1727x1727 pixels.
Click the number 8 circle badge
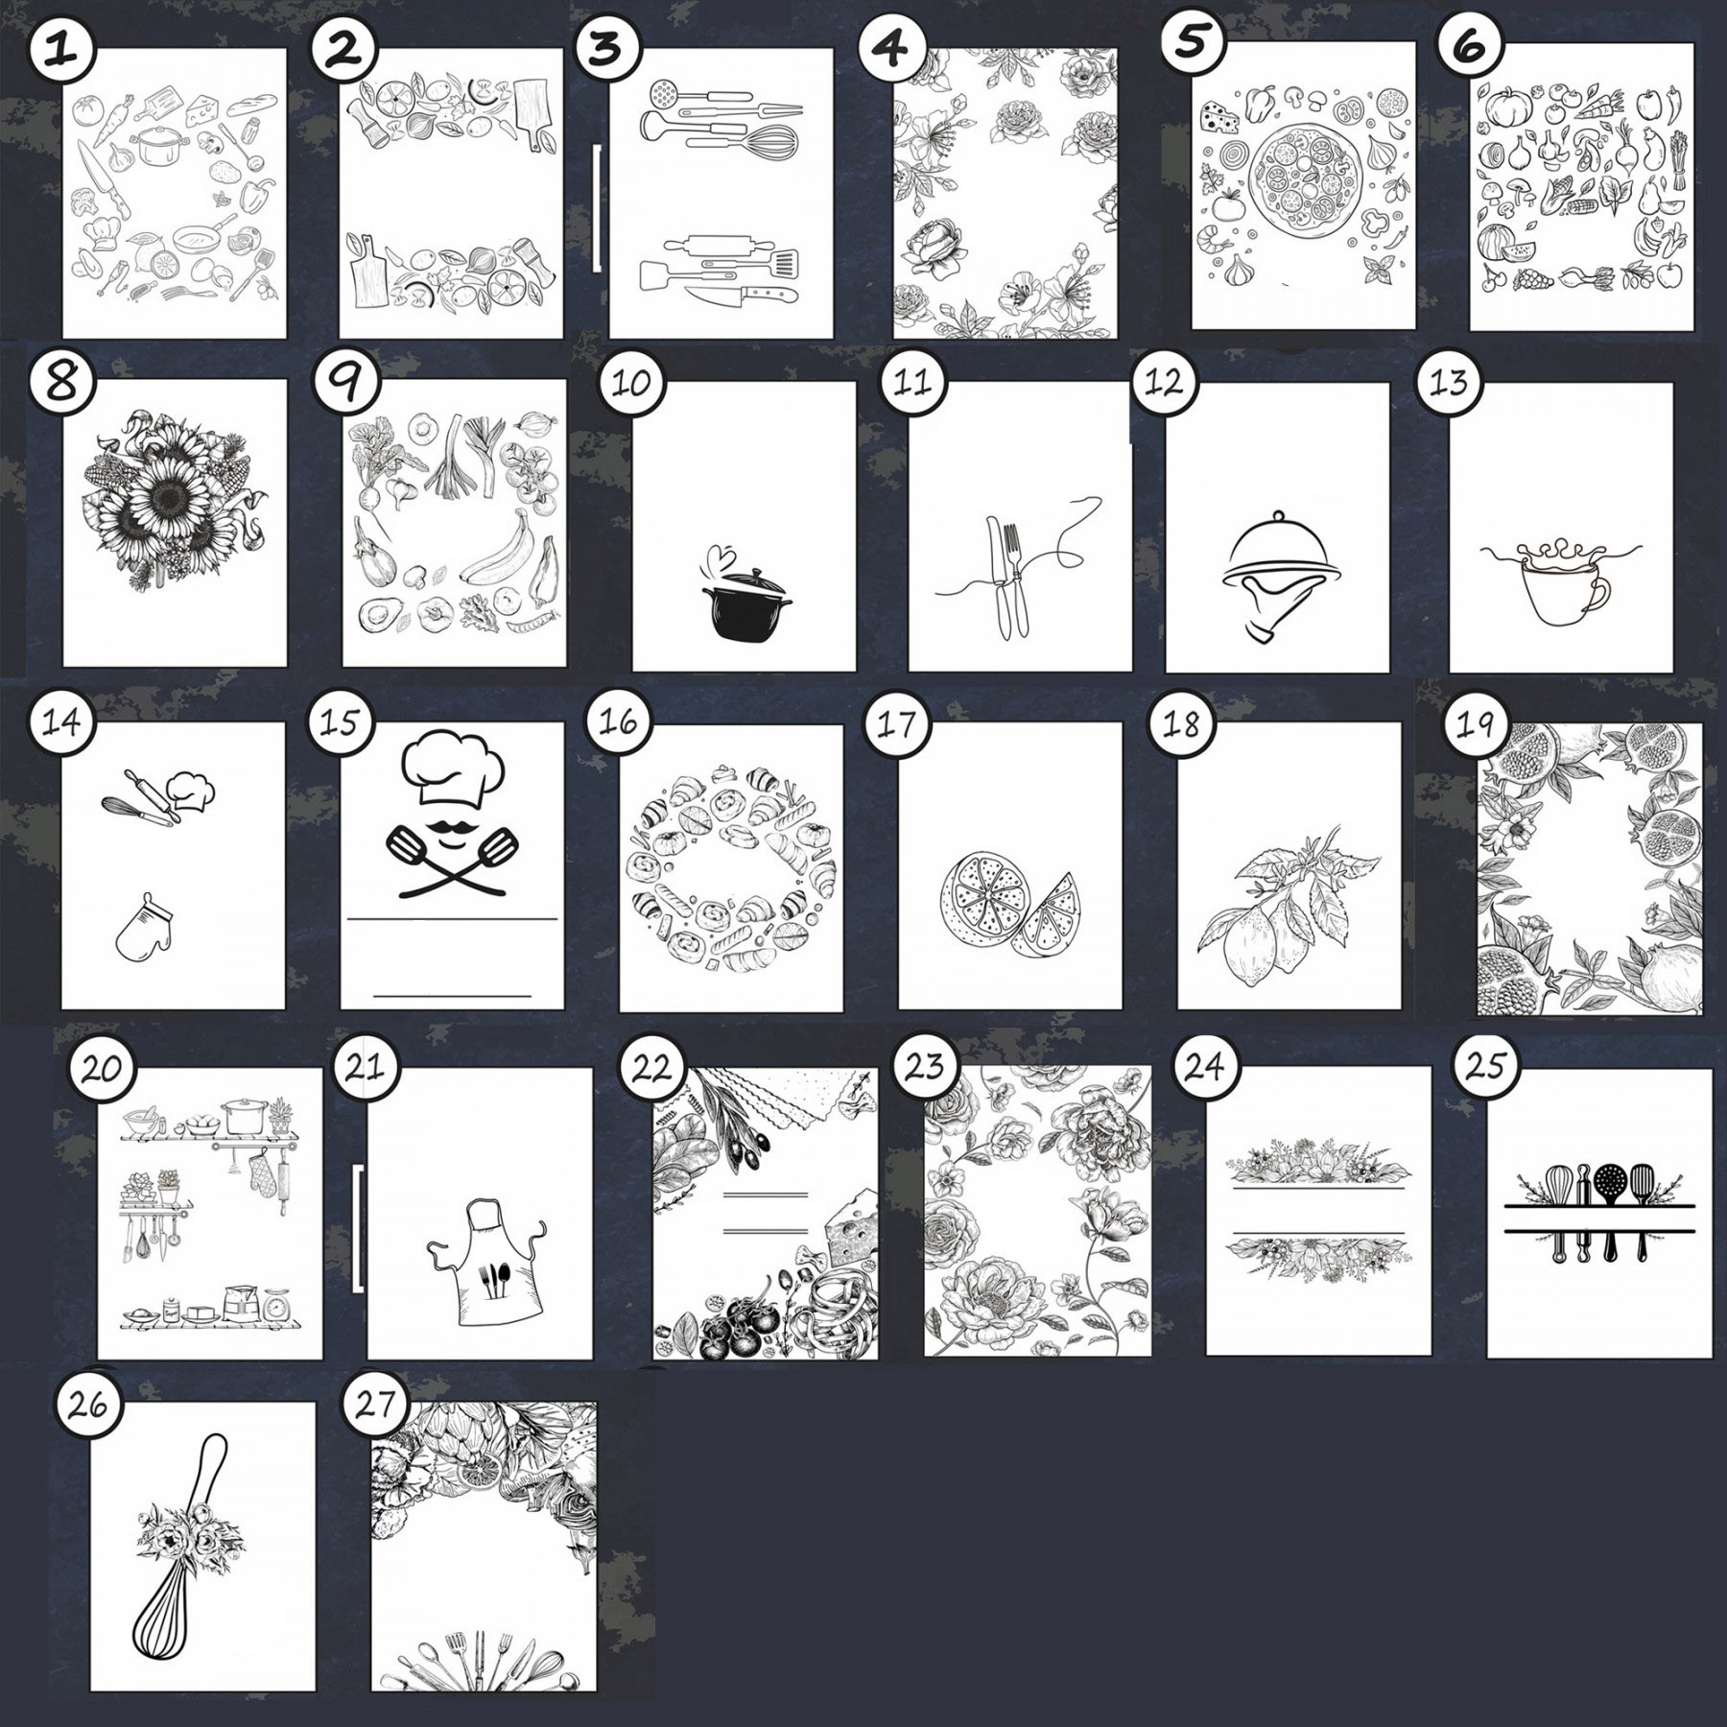tap(62, 382)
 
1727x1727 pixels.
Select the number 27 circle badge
tap(376, 1405)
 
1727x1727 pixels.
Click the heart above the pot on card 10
tap(720, 556)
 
